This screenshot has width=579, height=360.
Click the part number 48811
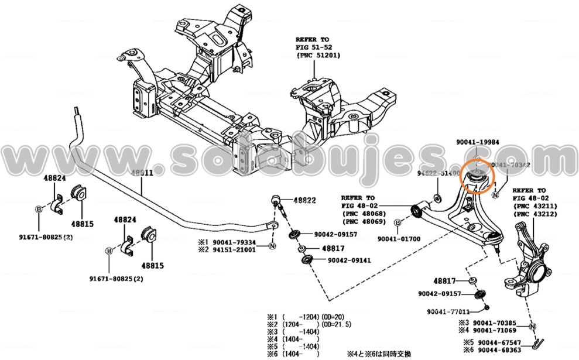pos(141,174)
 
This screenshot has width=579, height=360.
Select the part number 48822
pos(304,200)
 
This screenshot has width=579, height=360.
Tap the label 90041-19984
pos(478,142)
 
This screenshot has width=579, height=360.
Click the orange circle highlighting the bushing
pos(475,177)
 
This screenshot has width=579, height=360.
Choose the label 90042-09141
pos(350,260)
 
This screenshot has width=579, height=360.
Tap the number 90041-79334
pos(234,242)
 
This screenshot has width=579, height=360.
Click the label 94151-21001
pos(234,249)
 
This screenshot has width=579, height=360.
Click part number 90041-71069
pos(495,330)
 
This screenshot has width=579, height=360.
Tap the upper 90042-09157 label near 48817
pos(334,234)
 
